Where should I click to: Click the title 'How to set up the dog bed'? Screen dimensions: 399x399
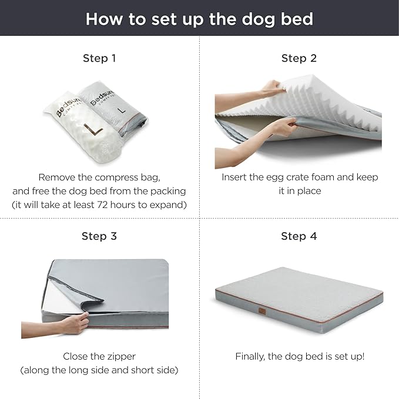click(x=199, y=18)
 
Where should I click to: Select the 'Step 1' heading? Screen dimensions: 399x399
click(x=99, y=58)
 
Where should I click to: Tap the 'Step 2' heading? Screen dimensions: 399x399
click(x=299, y=58)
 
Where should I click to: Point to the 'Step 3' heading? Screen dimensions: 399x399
click(x=99, y=236)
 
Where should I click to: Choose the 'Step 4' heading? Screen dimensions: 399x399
click(x=299, y=236)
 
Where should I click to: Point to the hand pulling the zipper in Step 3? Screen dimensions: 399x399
click(x=75, y=323)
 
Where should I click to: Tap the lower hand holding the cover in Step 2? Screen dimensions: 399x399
click(x=283, y=126)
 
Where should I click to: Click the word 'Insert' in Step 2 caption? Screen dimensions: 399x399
click(x=234, y=177)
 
